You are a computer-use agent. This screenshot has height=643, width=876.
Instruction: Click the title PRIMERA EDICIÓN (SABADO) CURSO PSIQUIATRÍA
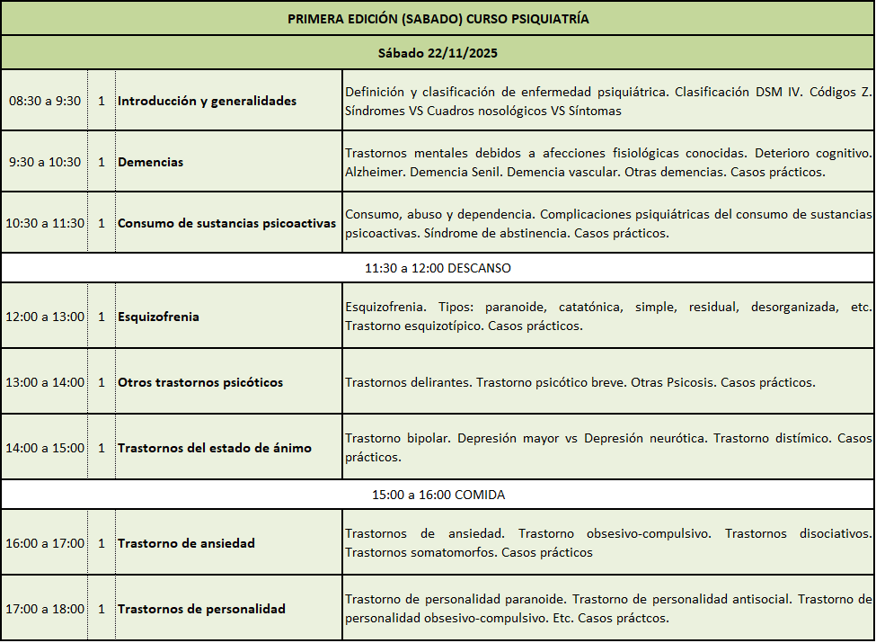pyautogui.click(x=438, y=18)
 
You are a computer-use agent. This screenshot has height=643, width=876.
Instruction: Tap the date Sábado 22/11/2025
pyautogui.click(x=438, y=53)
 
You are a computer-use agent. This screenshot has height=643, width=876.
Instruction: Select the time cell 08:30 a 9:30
pyautogui.click(x=45, y=101)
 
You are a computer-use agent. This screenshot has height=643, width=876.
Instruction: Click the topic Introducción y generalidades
pyautogui.click(x=207, y=101)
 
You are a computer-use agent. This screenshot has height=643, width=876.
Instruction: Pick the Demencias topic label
pyautogui.click(x=150, y=162)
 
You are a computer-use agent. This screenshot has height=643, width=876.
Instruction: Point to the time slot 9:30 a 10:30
pyautogui.click(x=45, y=162)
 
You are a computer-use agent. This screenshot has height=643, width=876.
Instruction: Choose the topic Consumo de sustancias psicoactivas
pyautogui.click(x=226, y=223)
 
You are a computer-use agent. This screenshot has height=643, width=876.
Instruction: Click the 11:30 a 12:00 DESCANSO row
pyautogui.click(x=438, y=268)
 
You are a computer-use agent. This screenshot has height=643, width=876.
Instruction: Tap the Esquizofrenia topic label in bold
pyautogui.click(x=158, y=317)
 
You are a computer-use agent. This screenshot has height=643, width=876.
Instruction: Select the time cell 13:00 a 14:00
pyautogui.click(x=45, y=382)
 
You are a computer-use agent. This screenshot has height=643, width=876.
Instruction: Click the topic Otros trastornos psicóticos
pyautogui.click(x=200, y=382)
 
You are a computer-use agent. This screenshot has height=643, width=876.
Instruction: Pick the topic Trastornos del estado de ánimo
pyautogui.click(x=215, y=448)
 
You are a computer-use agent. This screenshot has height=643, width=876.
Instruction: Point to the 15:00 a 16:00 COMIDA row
pyautogui.click(x=438, y=495)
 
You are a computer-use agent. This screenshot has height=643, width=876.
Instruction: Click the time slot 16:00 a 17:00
pyautogui.click(x=45, y=543)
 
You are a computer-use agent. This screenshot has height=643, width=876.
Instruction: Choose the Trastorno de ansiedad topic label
pyautogui.click(x=186, y=543)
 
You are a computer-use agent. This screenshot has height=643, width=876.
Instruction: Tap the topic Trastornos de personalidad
pyautogui.click(x=201, y=609)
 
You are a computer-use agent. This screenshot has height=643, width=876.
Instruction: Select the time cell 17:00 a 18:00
pyautogui.click(x=45, y=609)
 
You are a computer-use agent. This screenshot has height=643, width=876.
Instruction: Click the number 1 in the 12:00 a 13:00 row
pyautogui.click(x=102, y=317)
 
